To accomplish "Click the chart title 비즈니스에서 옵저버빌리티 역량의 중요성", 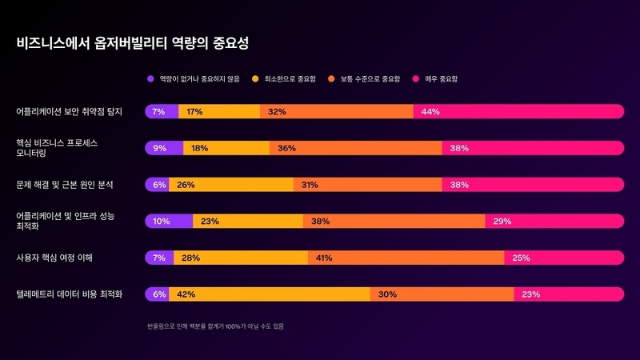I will point(138,42).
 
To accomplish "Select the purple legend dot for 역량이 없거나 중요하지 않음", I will point(150,79).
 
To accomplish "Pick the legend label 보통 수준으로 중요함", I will point(370,79).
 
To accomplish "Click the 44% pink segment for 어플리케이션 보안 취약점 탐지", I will point(518,111).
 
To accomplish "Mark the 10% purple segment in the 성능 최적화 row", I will point(169,221).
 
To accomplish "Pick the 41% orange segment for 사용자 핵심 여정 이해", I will point(406,258).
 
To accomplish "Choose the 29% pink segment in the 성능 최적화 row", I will point(554,221).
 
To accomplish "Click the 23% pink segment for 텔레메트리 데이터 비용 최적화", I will point(569,294).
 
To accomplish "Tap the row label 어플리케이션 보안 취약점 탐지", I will point(70,111).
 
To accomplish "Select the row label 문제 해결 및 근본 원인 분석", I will point(65,185).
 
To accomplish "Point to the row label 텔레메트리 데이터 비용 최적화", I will point(70,294).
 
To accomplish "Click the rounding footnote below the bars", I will point(215,326).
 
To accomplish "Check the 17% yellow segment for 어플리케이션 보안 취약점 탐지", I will point(219,111).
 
